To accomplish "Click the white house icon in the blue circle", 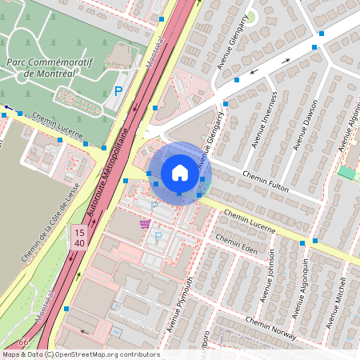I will click(179, 173).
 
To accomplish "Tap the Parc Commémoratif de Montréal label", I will click(51, 66).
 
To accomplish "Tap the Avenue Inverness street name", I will click(265, 118).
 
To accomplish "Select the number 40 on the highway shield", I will click(79, 242).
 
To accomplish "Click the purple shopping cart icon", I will click(145, 223).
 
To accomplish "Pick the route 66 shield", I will click(23, 342).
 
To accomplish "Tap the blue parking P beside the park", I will click(118, 92).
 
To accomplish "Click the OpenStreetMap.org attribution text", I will click(108, 354).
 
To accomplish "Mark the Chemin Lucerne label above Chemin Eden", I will click(250, 221).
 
